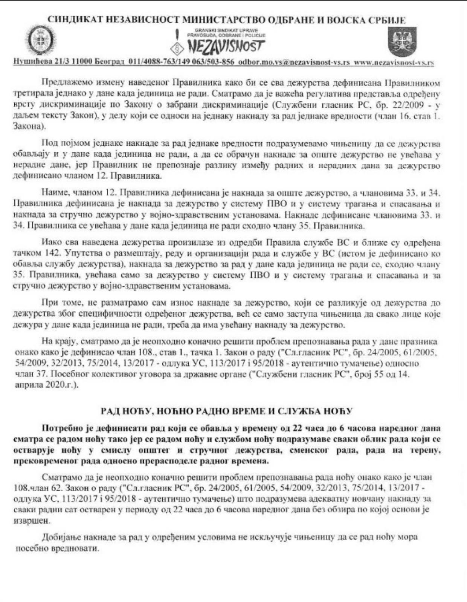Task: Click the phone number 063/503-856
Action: click(x=214, y=62)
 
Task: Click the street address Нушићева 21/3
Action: click(x=37, y=62)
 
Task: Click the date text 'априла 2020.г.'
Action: click(x=47, y=386)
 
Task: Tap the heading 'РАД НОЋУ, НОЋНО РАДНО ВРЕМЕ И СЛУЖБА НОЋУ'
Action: click(x=226, y=411)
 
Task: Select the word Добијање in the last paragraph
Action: click(x=61, y=537)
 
